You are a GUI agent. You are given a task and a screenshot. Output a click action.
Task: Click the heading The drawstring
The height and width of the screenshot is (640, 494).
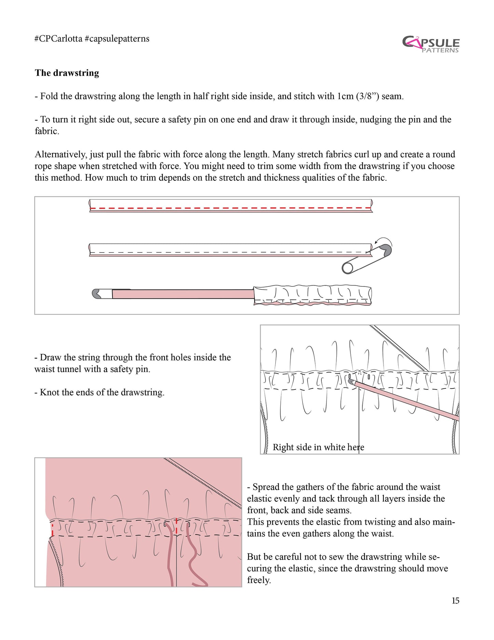click(67, 73)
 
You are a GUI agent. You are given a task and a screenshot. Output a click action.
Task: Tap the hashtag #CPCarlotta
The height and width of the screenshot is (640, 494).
click(58, 39)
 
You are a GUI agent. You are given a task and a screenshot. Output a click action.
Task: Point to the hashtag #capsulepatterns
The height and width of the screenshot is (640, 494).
click(117, 39)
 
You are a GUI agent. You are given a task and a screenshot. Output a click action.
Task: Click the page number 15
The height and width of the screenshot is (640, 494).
click(455, 601)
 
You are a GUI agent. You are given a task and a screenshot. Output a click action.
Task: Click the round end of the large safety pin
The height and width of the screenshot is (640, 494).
click(348, 268)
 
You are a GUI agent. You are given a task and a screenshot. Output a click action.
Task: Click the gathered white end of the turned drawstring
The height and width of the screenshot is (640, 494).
click(312, 295)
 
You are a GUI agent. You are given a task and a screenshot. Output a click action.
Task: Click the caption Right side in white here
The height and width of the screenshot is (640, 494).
click(318, 447)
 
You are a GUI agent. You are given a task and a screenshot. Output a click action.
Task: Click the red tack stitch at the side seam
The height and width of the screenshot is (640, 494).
click(52, 529)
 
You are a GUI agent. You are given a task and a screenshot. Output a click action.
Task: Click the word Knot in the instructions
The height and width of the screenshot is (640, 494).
click(49, 392)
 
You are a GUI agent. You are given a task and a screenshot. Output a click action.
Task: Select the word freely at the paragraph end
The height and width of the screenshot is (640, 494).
click(259, 580)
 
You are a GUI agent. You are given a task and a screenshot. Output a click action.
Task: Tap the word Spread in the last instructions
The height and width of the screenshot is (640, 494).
click(266, 487)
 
